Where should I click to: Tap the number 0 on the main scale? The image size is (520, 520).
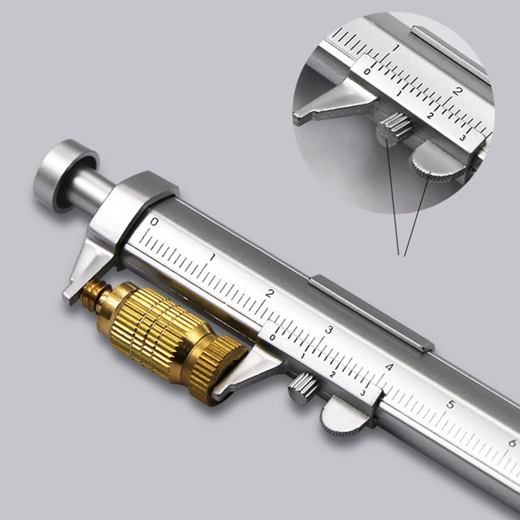(x=154, y=222)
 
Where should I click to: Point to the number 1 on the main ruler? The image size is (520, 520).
(x=213, y=257)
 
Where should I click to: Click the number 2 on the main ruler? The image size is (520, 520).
(x=270, y=293)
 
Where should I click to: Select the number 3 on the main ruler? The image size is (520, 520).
(x=329, y=330)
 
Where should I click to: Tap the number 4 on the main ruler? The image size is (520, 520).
(x=389, y=367)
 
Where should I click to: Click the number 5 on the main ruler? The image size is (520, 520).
(x=450, y=404)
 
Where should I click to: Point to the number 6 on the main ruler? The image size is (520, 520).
(x=512, y=443)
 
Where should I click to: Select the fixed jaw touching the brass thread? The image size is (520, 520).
(x=89, y=265)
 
